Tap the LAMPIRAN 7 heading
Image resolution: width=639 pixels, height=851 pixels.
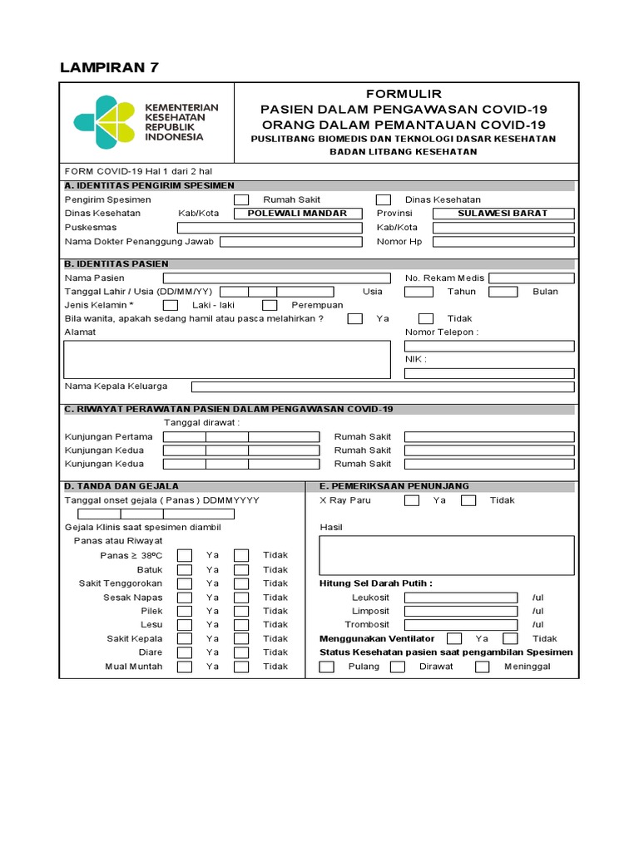click(109, 67)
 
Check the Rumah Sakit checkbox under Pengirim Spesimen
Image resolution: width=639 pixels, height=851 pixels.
click(240, 199)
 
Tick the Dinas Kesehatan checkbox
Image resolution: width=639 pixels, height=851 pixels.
click(384, 199)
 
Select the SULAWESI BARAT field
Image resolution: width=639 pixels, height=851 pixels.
click(503, 214)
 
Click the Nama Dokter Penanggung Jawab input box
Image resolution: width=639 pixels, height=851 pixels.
click(290, 242)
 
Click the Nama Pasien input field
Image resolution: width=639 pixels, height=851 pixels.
click(276, 278)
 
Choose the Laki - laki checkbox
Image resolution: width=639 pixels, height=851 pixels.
click(170, 305)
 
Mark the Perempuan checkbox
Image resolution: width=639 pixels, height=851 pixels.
click(270, 305)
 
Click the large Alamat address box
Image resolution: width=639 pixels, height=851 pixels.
click(227, 359)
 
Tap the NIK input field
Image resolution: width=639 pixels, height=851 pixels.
click(488, 373)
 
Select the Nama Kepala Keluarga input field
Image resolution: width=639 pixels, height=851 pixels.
click(382, 386)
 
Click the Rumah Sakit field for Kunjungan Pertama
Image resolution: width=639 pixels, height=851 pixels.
click(488, 436)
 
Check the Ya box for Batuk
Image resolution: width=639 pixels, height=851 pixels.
click(185, 569)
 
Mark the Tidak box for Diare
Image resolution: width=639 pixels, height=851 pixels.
click(241, 652)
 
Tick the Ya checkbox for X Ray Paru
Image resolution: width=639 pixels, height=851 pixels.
click(411, 500)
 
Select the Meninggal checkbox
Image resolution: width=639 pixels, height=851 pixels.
click(482, 667)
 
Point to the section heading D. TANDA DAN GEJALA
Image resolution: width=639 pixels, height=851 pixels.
click(122, 486)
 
